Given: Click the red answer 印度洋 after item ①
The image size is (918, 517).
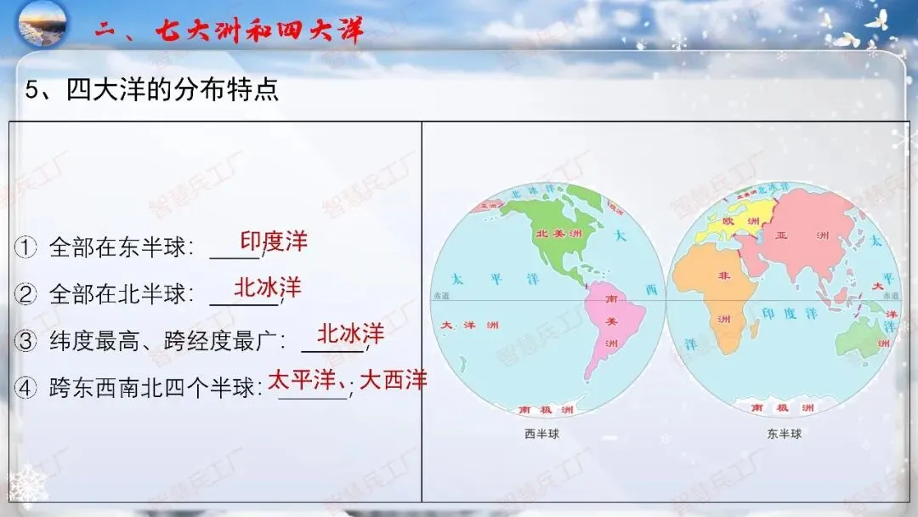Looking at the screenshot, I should coord(274,241).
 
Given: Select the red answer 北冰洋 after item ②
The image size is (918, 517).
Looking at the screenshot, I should coord(268,287).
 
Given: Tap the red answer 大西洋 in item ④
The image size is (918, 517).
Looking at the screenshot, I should coord(393,380).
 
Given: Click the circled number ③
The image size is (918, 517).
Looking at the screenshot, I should coord(26,341).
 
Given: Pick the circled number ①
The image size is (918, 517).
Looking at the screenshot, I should coord(26,247).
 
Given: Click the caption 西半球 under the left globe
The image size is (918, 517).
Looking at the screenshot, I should coord(541,434).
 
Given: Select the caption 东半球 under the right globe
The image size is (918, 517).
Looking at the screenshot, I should coord(784,434).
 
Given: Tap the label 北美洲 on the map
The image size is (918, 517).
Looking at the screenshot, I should coord(553,233).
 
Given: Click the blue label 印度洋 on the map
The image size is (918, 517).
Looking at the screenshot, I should coord(789,314).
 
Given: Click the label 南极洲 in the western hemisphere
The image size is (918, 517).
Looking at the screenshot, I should coord(545,410).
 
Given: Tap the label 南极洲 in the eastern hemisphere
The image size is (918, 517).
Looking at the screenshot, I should coord(782,409).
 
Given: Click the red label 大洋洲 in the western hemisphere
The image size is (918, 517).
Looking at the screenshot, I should coord(469,326).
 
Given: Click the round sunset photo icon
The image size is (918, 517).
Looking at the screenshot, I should coord(42,24).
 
